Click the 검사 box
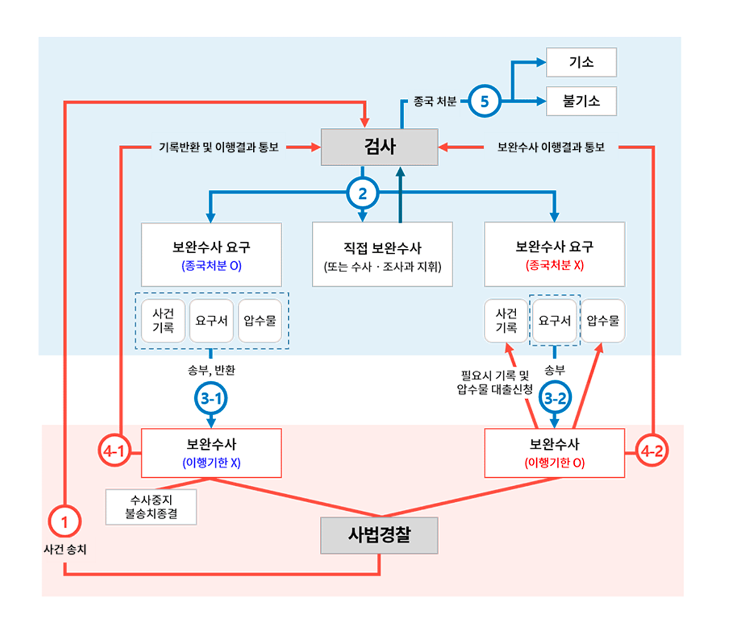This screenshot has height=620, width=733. [379, 147]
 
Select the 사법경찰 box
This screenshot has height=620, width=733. [379, 535]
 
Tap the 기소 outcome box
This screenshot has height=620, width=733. [581, 62]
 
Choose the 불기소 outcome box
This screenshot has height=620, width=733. [581, 101]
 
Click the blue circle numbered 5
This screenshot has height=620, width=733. [484, 101]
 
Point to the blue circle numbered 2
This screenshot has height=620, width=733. [363, 194]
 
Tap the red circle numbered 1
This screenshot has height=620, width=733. [64, 522]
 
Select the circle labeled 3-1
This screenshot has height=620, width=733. [211, 399]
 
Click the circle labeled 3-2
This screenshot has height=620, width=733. [555, 399]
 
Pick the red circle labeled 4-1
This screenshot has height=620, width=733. [114, 452]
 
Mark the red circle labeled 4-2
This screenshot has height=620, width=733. [651, 452]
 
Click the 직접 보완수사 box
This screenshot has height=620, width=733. [382, 254]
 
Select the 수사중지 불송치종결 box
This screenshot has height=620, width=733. [151, 507]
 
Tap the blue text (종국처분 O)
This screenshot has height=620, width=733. [211, 266]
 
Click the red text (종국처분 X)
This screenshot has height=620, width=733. [555, 266]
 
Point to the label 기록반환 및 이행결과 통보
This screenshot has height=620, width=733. [219, 147]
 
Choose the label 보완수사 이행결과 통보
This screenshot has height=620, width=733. [550, 147]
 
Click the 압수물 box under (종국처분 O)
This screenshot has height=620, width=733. [260, 321]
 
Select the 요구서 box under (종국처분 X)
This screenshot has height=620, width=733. [555, 321]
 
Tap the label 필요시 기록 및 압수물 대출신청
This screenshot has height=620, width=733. [495, 383]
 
